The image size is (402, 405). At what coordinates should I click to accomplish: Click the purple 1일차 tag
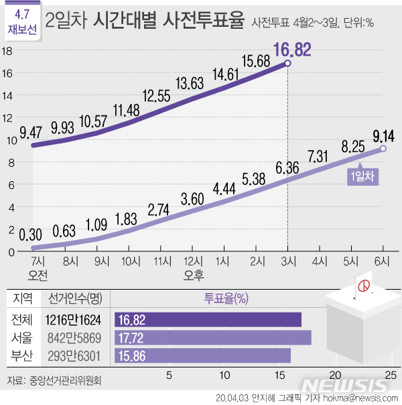coord(363,176)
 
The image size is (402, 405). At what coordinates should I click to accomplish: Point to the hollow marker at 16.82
coord(288,63)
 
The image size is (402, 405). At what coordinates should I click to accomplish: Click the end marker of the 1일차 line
coord(383,149)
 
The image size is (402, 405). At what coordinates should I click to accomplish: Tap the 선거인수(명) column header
coord(70,298)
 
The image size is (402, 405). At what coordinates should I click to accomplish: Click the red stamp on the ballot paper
coord(364,286)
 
